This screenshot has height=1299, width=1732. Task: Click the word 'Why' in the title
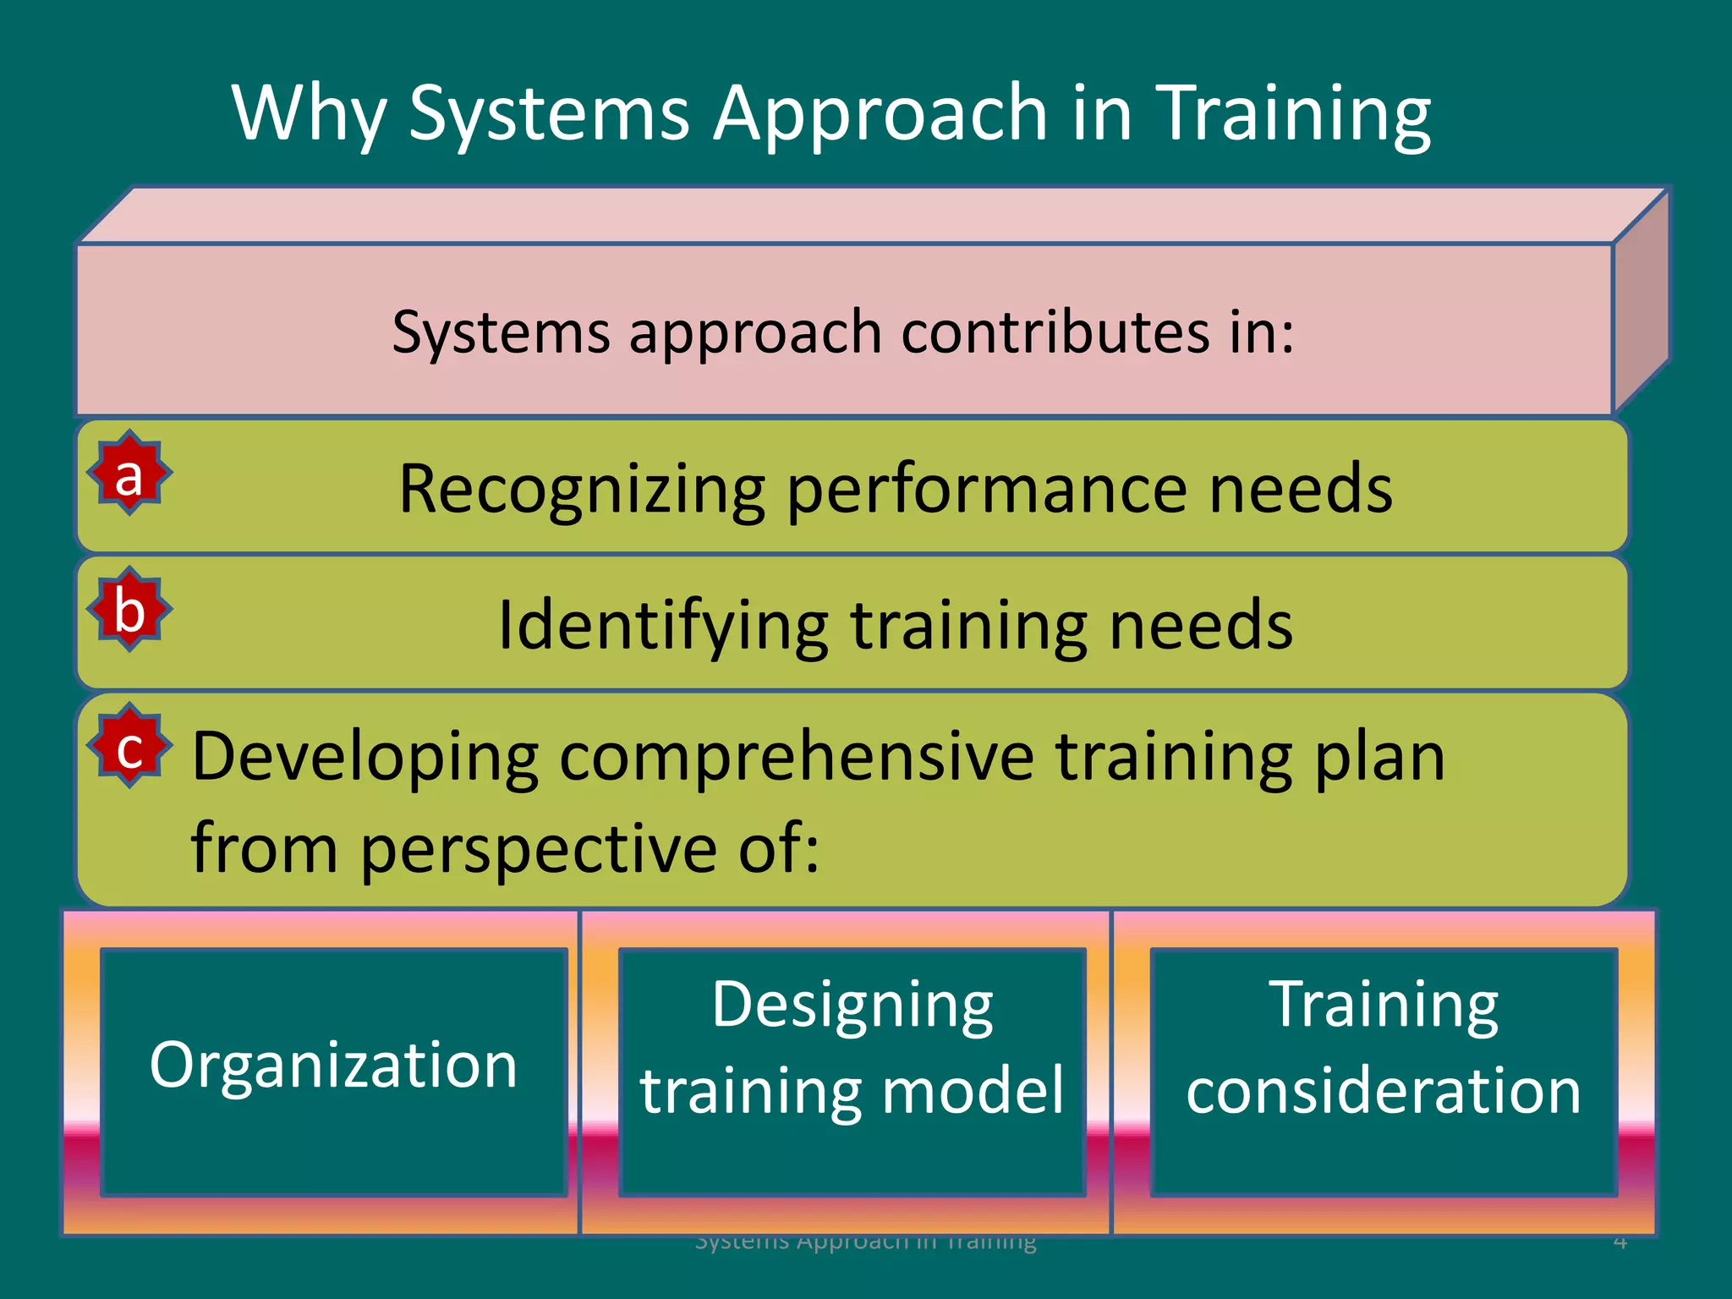point(310,114)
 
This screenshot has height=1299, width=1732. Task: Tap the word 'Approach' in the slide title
point(881,114)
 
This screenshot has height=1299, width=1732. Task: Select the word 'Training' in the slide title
point(1293,114)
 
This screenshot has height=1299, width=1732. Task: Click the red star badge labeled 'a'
point(129,474)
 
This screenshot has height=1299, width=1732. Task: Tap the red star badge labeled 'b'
point(129,610)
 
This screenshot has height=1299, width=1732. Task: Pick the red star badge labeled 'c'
point(129,747)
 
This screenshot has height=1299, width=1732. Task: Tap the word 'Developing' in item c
point(365,757)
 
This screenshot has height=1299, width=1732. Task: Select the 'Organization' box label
point(333,1066)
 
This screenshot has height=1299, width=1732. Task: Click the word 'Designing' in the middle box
point(852,1006)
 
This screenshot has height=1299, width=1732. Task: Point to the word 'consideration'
point(1384,1090)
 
